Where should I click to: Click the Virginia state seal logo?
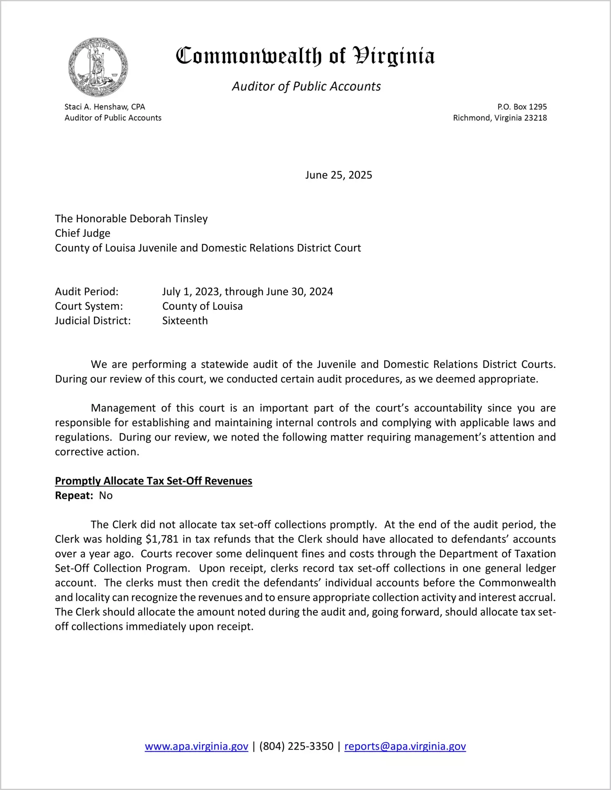[98, 67]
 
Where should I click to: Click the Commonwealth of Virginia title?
[305, 56]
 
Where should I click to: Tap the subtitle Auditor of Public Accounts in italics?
[306, 86]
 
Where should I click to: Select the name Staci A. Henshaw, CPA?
[105, 107]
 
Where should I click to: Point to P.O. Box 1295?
[522, 107]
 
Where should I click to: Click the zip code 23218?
[535, 118]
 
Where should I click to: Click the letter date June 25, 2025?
[339, 175]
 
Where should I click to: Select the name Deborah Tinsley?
[168, 218]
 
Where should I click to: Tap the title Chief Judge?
[83, 233]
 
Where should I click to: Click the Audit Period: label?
[87, 292]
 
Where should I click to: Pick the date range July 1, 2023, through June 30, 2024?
[247, 292]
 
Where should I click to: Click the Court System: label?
[89, 306]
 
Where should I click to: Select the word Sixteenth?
[185, 321]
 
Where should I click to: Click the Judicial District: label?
[93, 321]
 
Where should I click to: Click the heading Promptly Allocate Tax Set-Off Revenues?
[153, 481]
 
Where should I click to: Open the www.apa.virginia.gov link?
[196, 746]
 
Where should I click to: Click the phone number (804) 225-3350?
[296, 746]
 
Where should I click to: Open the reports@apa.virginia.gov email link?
[405, 746]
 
